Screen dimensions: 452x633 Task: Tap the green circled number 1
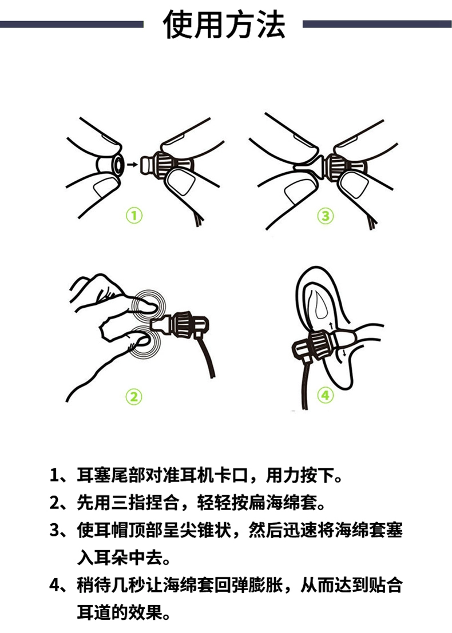(134, 216)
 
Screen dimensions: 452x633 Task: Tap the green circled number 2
(134, 396)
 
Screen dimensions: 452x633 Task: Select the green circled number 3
(325, 216)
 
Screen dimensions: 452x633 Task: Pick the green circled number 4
(325, 395)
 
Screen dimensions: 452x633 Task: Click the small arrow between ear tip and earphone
(131, 164)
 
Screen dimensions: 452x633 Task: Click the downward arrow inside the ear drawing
(344, 353)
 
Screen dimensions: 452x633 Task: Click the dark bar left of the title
(72, 24)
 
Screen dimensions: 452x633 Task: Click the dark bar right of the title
(377, 24)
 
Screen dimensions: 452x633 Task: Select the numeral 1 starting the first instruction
(54, 476)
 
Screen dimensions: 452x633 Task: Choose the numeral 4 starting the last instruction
(55, 586)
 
